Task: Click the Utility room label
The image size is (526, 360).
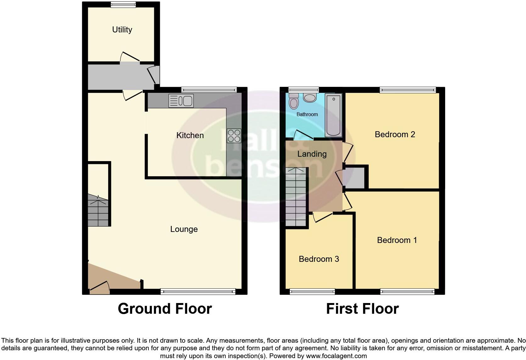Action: [x=122, y=30]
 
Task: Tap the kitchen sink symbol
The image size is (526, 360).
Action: [x=181, y=101]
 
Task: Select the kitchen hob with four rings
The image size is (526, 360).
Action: [x=234, y=136]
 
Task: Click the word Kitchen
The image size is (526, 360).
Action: [x=190, y=135]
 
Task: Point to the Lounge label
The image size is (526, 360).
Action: [x=184, y=229]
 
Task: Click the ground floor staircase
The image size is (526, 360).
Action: [x=98, y=210]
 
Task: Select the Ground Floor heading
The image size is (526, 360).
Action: [x=165, y=309]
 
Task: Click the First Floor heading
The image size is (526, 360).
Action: [x=362, y=309]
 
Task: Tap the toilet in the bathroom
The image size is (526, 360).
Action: [x=294, y=101]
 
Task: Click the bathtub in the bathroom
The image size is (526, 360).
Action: [x=333, y=115]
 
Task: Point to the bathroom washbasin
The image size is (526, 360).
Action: [x=310, y=98]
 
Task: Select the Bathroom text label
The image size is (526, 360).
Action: [x=307, y=115]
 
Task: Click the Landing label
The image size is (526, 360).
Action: [x=312, y=154]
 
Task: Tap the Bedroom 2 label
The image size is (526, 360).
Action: [x=395, y=134]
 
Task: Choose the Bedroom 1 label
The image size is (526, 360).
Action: [x=397, y=240]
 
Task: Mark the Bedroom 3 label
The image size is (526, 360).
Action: [x=319, y=259]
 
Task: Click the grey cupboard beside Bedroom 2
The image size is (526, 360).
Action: [x=355, y=178]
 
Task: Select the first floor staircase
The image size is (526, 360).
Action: [x=296, y=197]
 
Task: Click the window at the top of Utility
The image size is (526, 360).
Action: [x=123, y=4]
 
